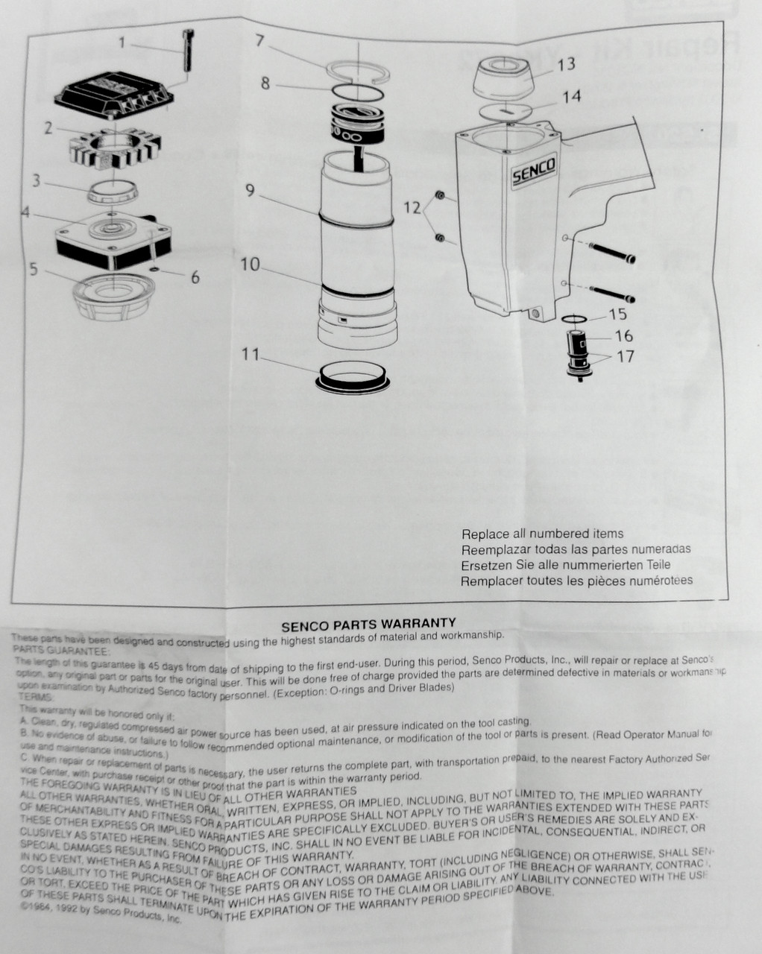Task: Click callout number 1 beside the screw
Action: click(123, 42)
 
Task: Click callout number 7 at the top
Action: click(259, 40)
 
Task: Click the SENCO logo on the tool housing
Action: click(534, 172)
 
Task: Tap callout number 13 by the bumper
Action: click(566, 65)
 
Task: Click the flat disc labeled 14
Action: click(505, 110)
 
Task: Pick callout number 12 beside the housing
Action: click(412, 208)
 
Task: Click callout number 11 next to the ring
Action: click(250, 354)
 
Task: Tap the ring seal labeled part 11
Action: click(353, 375)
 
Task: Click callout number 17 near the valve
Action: click(625, 356)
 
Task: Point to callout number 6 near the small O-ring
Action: click(195, 277)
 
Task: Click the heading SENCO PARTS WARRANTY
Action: click(368, 622)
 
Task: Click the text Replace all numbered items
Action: click(542, 534)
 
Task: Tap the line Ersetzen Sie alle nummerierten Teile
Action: click(566, 565)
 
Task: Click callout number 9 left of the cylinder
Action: click(250, 191)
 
